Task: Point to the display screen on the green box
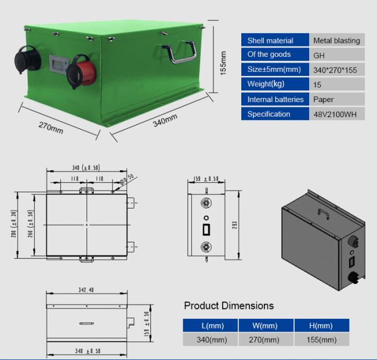click(x=57, y=64)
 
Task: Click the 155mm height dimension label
click(x=223, y=63)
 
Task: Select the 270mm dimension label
click(x=50, y=128)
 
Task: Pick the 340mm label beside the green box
click(x=165, y=120)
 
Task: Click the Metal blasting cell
click(x=337, y=41)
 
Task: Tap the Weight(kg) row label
click(x=266, y=84)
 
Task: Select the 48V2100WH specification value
click(x=335, y=114)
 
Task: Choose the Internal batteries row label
click(x=275, y=99)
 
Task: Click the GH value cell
click(x=337, y=55)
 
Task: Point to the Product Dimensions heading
click(x=229, y=306)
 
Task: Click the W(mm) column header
click(x=264, y=326)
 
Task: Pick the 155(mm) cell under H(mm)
click(x=321, y=340)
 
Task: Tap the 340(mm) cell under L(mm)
click(x=212, y=340)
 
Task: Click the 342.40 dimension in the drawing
click(x=86, y=290)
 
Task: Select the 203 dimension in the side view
click(x=235, y=225)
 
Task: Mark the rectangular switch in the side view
click(x=206, y=230)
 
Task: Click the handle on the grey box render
click(x=324, y=214)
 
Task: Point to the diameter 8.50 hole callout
click(x=126, y=179)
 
